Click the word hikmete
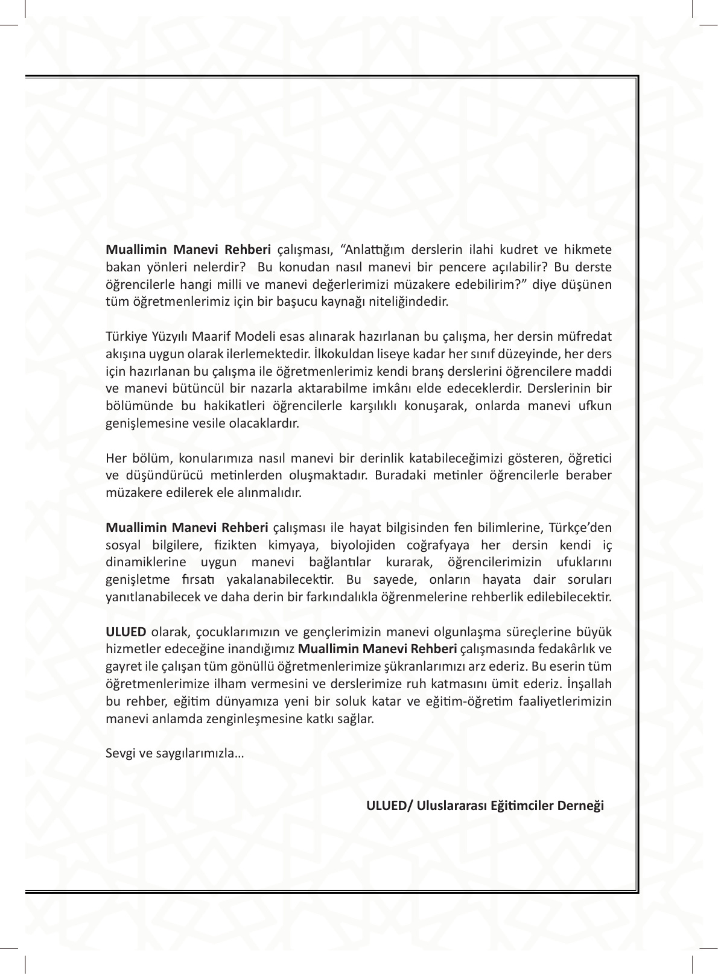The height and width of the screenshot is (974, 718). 589,250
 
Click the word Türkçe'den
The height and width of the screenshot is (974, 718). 580,528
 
